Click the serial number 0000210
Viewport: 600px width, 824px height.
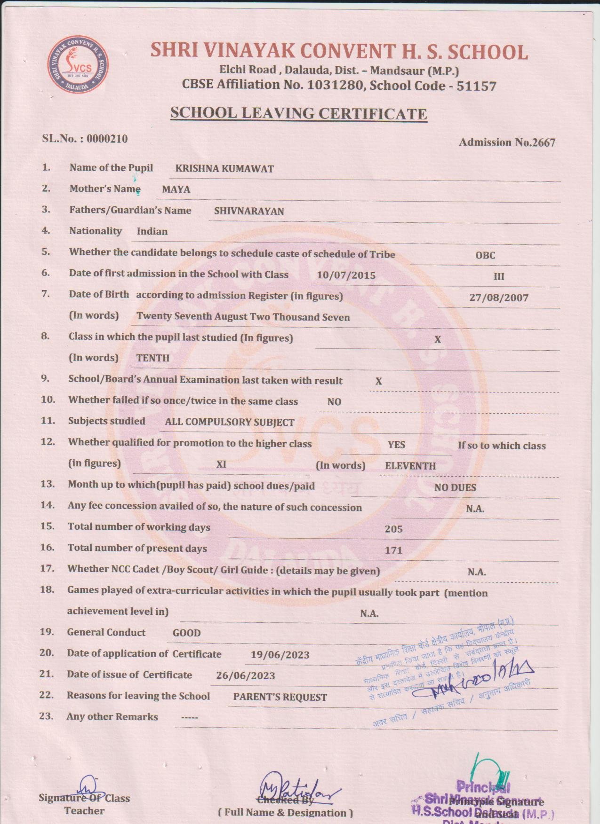tap(107, 139)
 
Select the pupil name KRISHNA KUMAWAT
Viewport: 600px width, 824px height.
tap(224, 169)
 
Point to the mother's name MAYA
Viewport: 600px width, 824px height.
tap(176, 189)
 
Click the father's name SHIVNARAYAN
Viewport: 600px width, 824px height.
tap(249, 211)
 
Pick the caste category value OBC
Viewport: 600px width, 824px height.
tap(485, 255)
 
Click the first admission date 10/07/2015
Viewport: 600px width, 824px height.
tap(346, 275)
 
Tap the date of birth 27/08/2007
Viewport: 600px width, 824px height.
tap(499, 298)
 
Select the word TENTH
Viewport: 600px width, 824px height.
tap(153, 358)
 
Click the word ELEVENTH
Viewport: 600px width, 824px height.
tap(410, 466)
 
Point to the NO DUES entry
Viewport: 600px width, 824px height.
tap(455, 487)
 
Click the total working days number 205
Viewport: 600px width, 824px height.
tap(393, 529)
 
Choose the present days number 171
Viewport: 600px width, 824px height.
tap(393, 550)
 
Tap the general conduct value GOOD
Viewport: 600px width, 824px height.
tap(186, 633)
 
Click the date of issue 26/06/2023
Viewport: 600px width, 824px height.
tap(246, 675)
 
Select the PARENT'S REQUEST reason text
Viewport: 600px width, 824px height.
tap(280, 697)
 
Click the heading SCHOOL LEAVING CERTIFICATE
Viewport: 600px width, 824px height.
tap(299, 113)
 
